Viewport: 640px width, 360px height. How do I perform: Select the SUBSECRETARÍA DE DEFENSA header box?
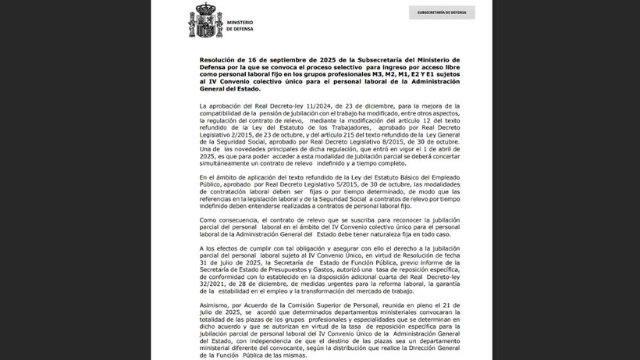click(441, 12)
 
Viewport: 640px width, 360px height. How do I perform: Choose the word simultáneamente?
click(232, 160)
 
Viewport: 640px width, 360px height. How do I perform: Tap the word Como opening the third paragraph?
click(208, 220)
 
